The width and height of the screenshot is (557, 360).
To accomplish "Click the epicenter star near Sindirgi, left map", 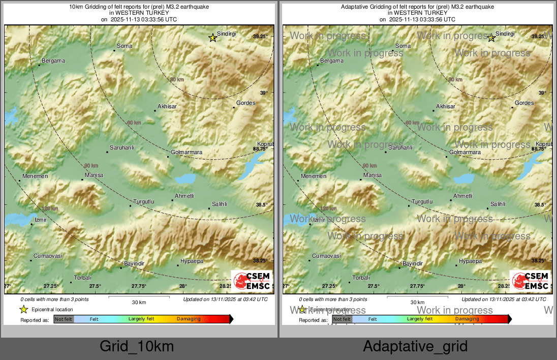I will coord(213,38).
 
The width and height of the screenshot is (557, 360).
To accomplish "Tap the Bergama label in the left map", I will coord(53,61).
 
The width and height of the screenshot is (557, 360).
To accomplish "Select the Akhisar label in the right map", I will coord(446,106).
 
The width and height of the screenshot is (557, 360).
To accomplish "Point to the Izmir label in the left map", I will coord(40,220).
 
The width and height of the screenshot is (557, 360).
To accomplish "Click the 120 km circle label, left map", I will coord(50,208).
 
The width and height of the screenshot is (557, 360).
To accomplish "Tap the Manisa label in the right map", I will coord(373,175).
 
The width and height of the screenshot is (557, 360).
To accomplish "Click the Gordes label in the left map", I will coord(246,103).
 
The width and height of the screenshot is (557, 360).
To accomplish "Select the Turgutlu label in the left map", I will coord(144,201).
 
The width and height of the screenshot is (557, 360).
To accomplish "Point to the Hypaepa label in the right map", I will coord(470,261).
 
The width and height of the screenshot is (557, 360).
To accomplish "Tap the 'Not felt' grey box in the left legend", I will coord(64,319).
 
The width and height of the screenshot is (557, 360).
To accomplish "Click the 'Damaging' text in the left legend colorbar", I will coord(189,319).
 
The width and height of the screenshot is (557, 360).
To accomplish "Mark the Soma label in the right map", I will coord(403,46).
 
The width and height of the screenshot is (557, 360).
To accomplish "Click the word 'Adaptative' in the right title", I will coord(355,7).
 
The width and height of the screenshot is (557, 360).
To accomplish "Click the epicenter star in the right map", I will coord(491,38).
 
